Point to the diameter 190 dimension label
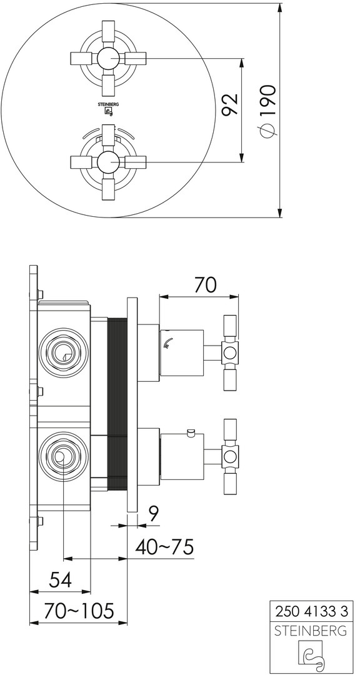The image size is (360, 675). [267, 111]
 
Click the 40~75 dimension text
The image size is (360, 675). [164, 547]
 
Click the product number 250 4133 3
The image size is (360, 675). [311, 611]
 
